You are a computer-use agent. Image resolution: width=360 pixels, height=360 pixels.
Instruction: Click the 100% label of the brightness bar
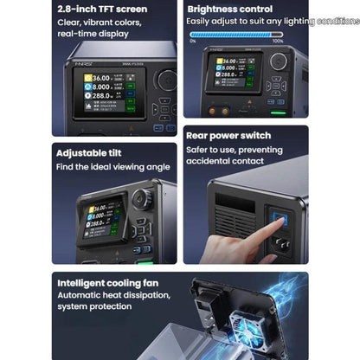click(277, 41)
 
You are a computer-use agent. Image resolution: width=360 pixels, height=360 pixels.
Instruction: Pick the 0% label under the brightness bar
click(192, 41)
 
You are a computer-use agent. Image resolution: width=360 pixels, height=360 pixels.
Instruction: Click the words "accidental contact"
click(224, 162)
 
